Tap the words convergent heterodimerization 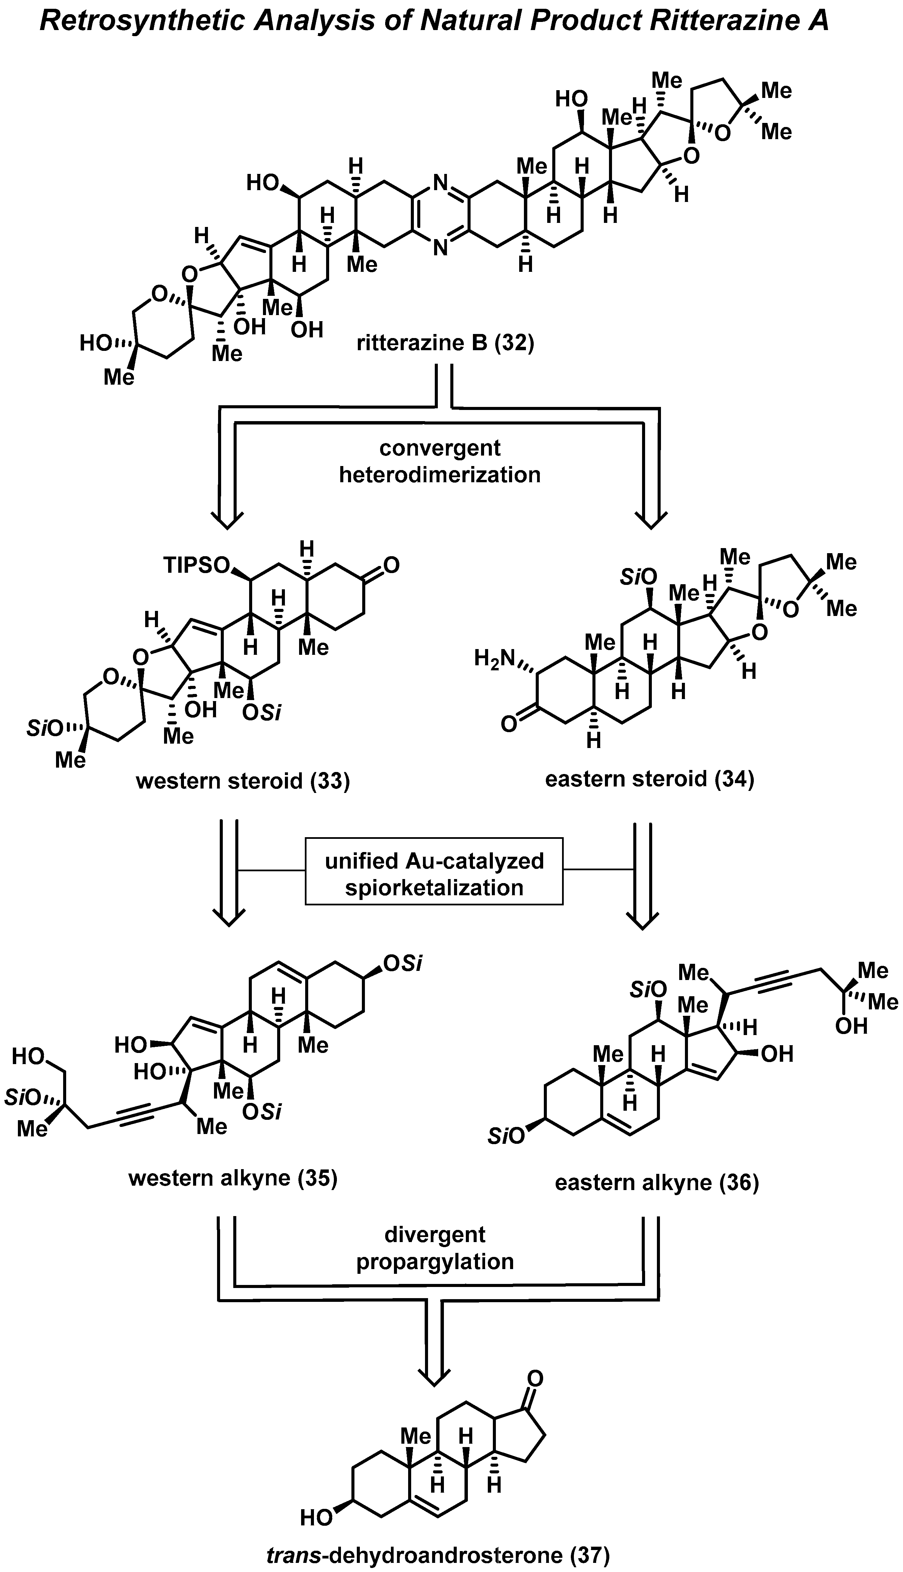click(440, 462)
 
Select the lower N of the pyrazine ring click(440, 249)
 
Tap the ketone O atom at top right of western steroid click(391, 565)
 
